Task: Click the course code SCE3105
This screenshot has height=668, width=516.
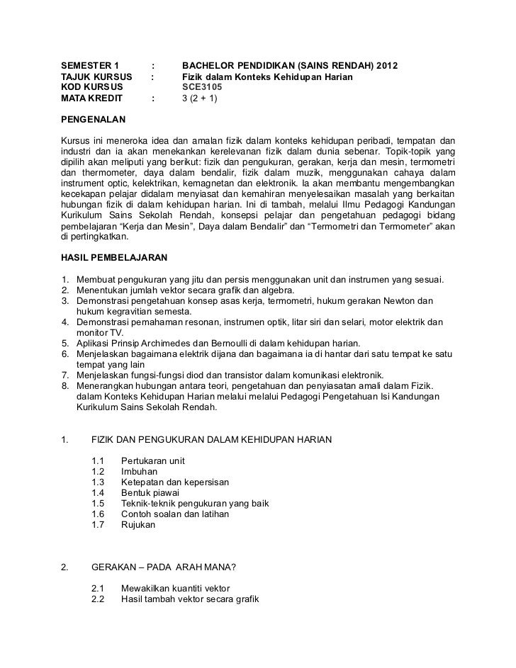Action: coord(201,87)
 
